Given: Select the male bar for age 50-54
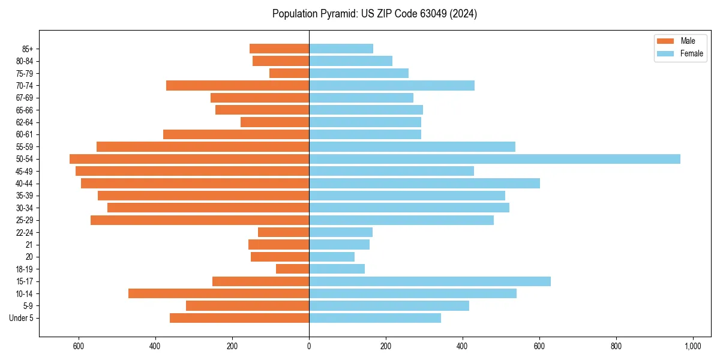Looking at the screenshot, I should tap(190, 159).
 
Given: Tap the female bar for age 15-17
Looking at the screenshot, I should tap(430, 281).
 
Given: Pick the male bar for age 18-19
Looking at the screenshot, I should tap(293, 269).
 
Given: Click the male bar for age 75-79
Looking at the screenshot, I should tap(289, 73).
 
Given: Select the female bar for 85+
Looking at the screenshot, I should tap(341, 49).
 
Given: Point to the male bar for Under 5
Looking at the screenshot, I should tap(239, 318).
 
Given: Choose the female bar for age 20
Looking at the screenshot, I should tap(332, 257).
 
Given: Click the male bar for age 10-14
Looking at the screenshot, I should tap(219, 293).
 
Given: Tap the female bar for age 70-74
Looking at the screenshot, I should tap(392, 86).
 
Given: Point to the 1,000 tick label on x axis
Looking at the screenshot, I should tap(693, 346).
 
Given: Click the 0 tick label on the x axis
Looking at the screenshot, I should tap(309, 346).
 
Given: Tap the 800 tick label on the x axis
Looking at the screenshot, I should tap(616, 346).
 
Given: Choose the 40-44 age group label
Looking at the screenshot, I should tap(24, 184).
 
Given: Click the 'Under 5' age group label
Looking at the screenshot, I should tap(22, 318).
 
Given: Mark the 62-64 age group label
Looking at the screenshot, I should tap(24, 122).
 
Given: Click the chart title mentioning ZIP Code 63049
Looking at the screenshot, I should tap(374, 14).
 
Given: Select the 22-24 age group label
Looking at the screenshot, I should tap(24, 233).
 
